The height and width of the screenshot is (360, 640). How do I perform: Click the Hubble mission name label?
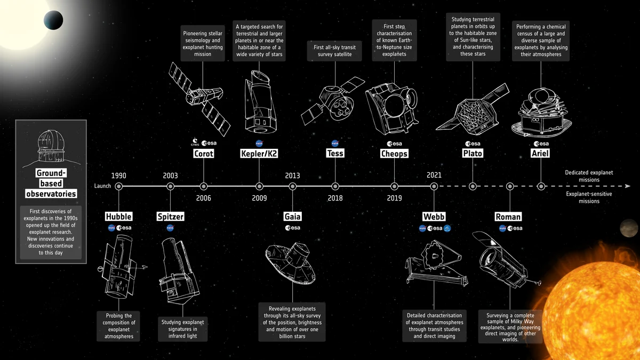118,217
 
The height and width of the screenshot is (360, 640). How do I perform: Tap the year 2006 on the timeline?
203,198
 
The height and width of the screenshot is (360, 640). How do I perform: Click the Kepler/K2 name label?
259,154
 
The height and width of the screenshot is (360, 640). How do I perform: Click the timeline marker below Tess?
335,186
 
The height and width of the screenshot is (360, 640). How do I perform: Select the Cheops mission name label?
394,154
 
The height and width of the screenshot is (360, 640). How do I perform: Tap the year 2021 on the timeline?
434,175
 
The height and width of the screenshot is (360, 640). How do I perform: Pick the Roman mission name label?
508,217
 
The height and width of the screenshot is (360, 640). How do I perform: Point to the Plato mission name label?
473,154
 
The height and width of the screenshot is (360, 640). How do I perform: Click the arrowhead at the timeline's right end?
628,186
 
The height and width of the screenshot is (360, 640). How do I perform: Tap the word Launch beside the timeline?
102,186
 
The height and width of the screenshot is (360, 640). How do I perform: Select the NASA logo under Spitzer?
170,228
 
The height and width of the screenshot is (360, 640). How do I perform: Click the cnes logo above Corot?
195,143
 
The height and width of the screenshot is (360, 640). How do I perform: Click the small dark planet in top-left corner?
52,20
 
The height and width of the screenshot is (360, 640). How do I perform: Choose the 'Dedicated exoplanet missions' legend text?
589,176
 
